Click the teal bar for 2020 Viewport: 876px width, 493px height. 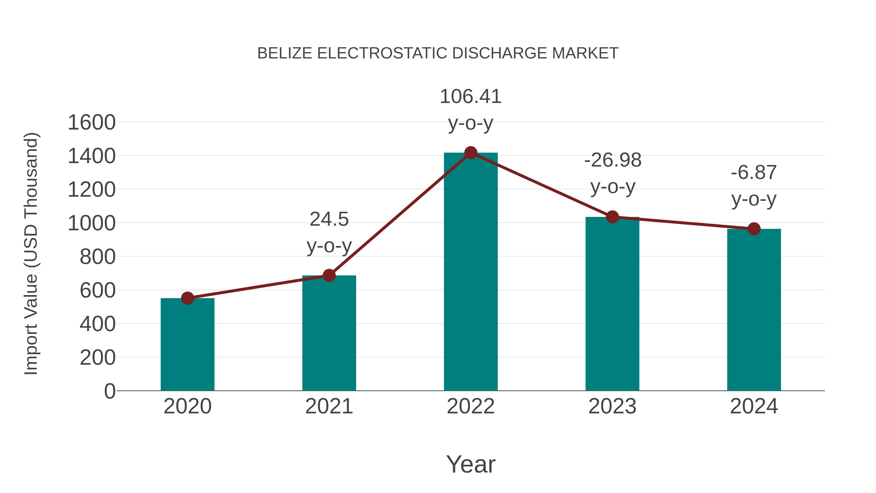[x=187, y=344]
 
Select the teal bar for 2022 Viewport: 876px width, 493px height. [x=471, y=272]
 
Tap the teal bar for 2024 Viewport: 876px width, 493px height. [x=754, y=310]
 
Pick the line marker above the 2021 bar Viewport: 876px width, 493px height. [x=329, y=275]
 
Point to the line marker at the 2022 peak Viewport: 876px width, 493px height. [x=471, y=153]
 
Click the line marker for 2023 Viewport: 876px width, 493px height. [x=612, y=217]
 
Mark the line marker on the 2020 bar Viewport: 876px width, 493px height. [x=187, y=298]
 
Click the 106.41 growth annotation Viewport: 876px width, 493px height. [x=471, y=97]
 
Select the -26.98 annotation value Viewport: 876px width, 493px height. [x=613, y=160]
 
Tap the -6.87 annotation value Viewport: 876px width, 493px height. [x=754, y=173]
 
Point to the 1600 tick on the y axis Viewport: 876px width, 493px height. [x=91, y=122]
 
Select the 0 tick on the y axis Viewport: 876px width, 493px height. [x=109, y=391]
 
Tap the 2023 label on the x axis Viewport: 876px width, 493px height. [x=612, y=406]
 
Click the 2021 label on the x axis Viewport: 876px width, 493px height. [x=329, y=406]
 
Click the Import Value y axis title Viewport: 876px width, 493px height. [x=31, y=253]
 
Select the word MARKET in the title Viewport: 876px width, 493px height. [x=585, y=53]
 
